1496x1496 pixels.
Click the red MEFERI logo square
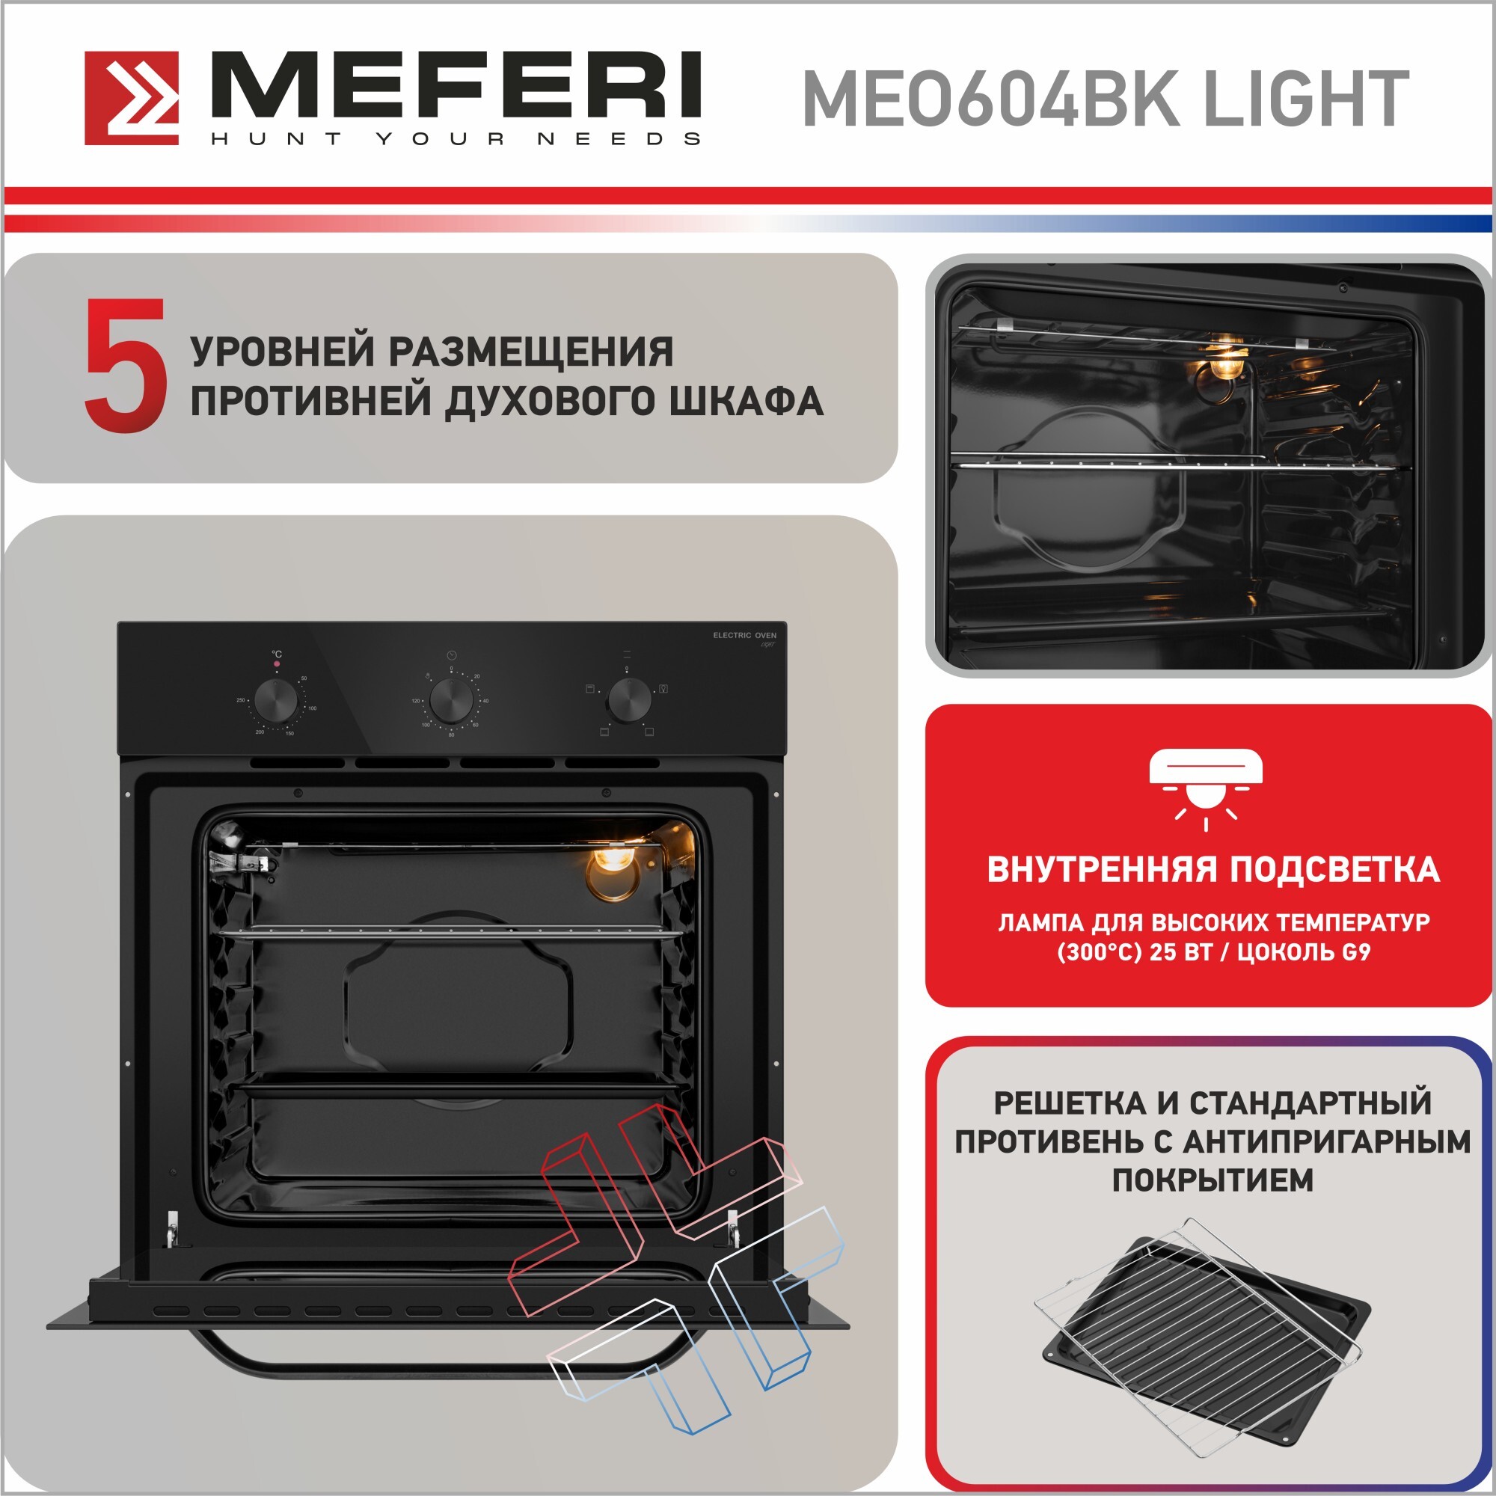[132, 98]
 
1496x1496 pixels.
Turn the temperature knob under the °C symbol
[276, 701]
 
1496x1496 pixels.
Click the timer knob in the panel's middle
[452, 701]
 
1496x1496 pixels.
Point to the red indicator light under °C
[278, 664]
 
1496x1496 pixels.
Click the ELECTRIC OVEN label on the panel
[744, 635]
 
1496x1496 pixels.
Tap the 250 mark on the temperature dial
[241, 700]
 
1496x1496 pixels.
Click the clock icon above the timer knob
[452, 655]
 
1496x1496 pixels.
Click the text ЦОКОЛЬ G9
[1304, 951]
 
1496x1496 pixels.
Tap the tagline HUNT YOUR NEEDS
[456, 138]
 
